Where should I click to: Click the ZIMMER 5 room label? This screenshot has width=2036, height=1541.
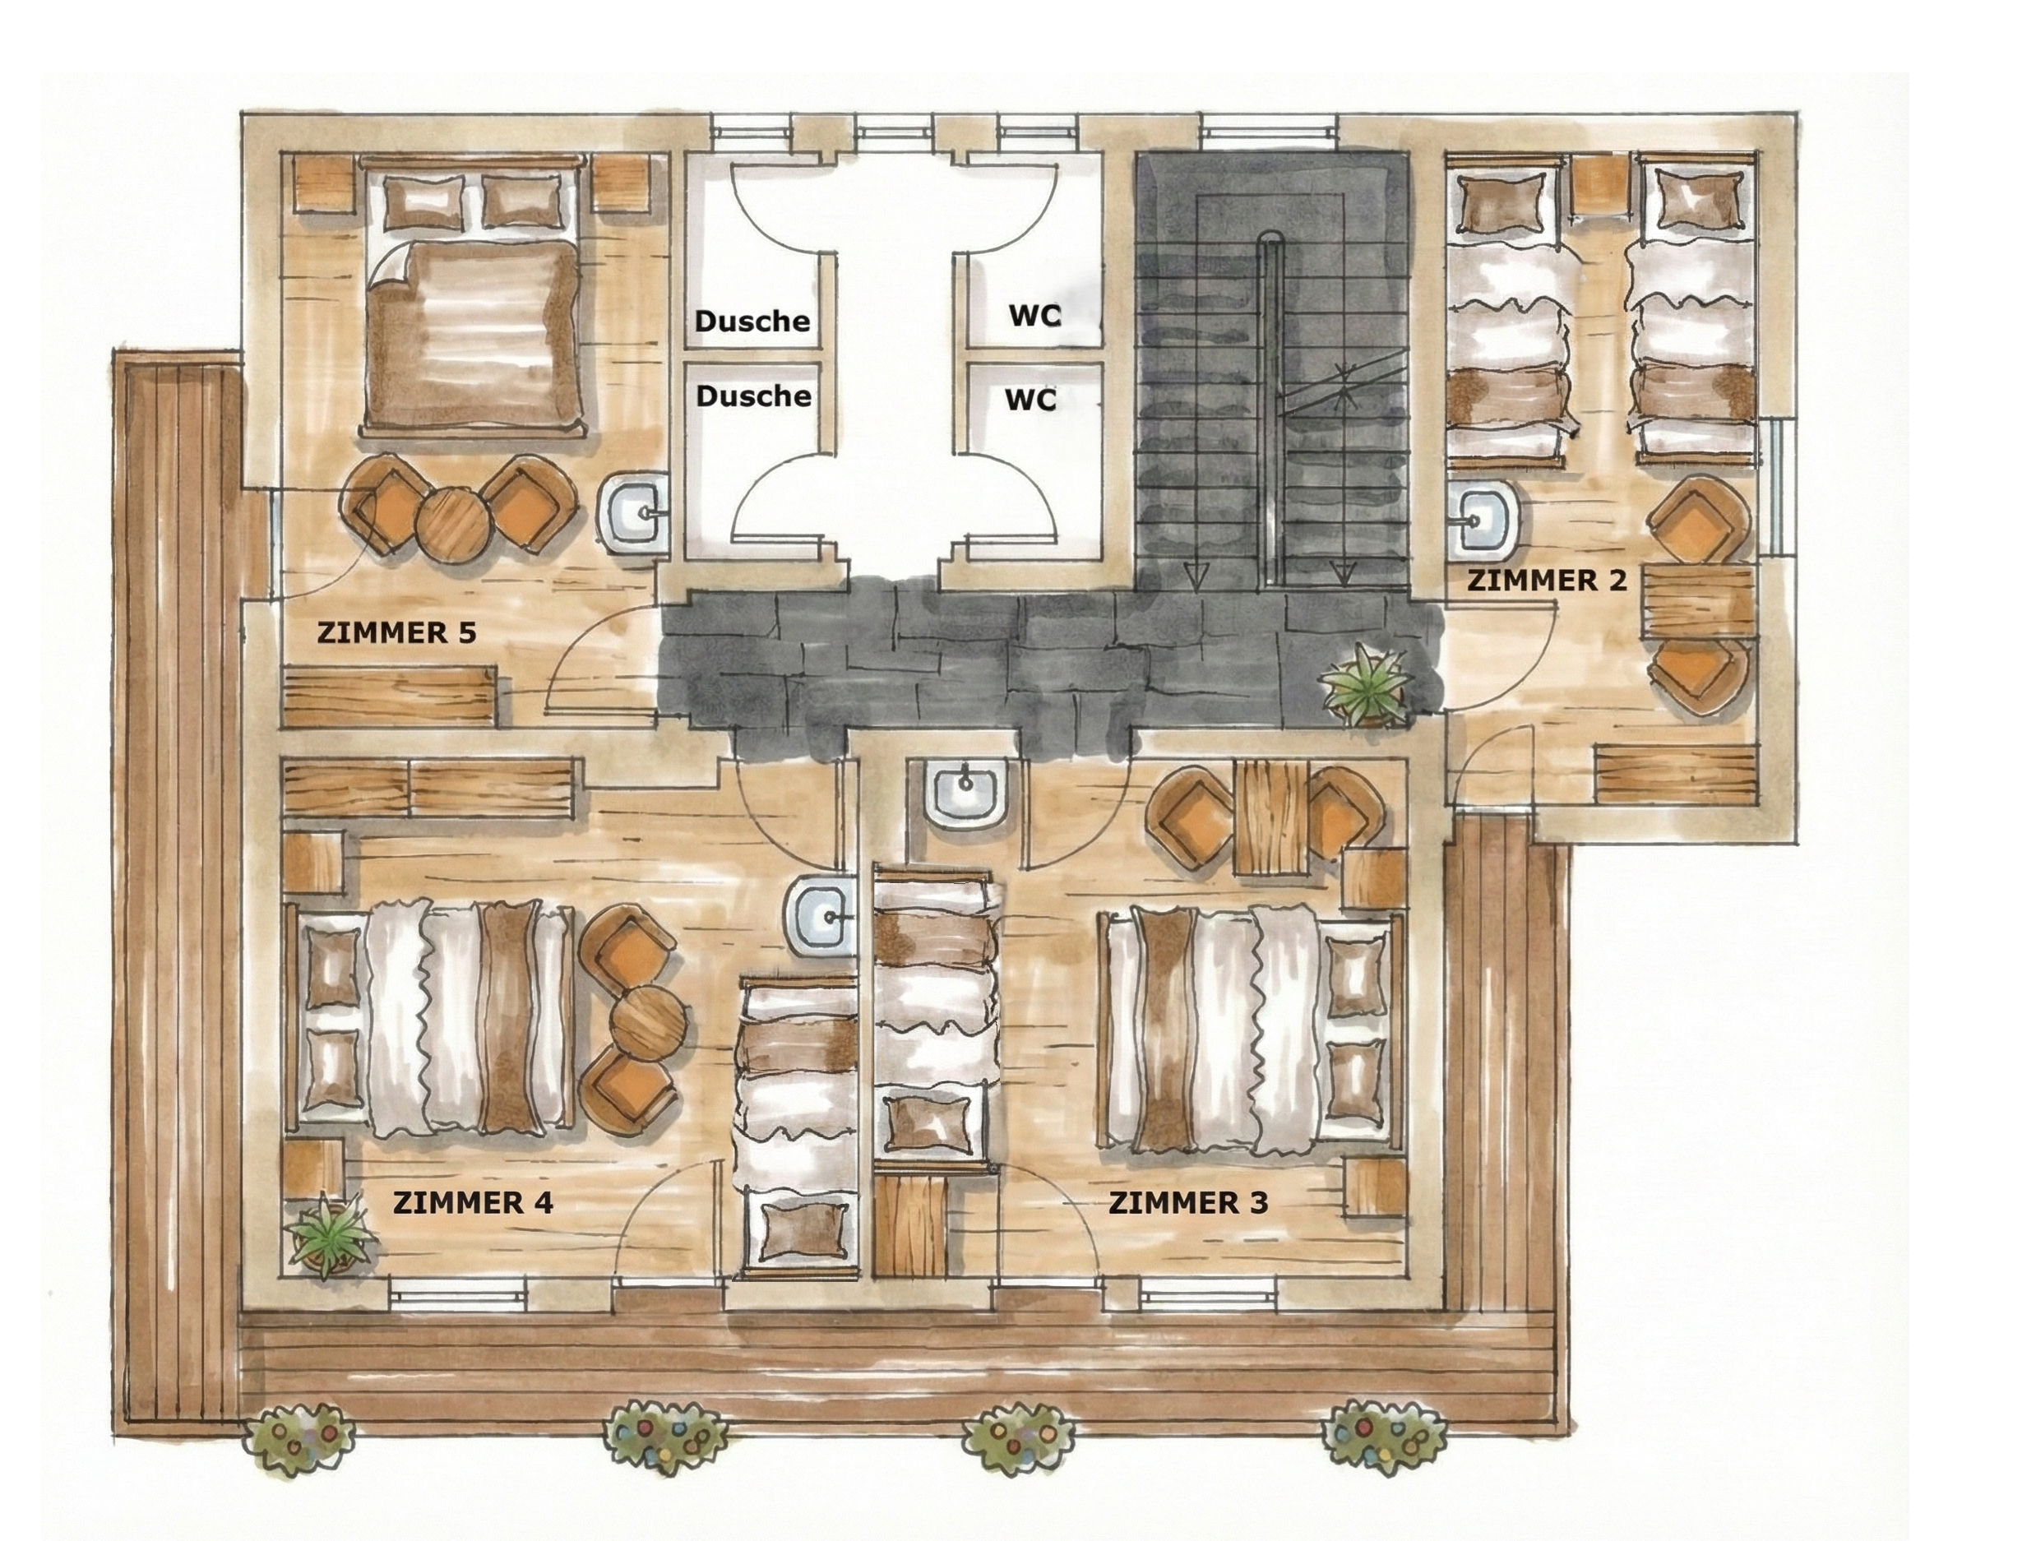[396, 633]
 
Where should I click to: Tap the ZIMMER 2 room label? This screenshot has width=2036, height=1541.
[1547, 581]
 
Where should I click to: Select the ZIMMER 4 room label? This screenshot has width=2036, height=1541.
[473, 1203]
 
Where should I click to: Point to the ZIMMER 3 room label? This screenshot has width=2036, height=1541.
[1188, 1203]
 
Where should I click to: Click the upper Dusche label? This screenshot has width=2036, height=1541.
[752, 322]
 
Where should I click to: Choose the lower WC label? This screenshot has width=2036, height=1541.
[1031, 400]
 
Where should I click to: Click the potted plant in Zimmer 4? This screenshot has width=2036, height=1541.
[329, 1233]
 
